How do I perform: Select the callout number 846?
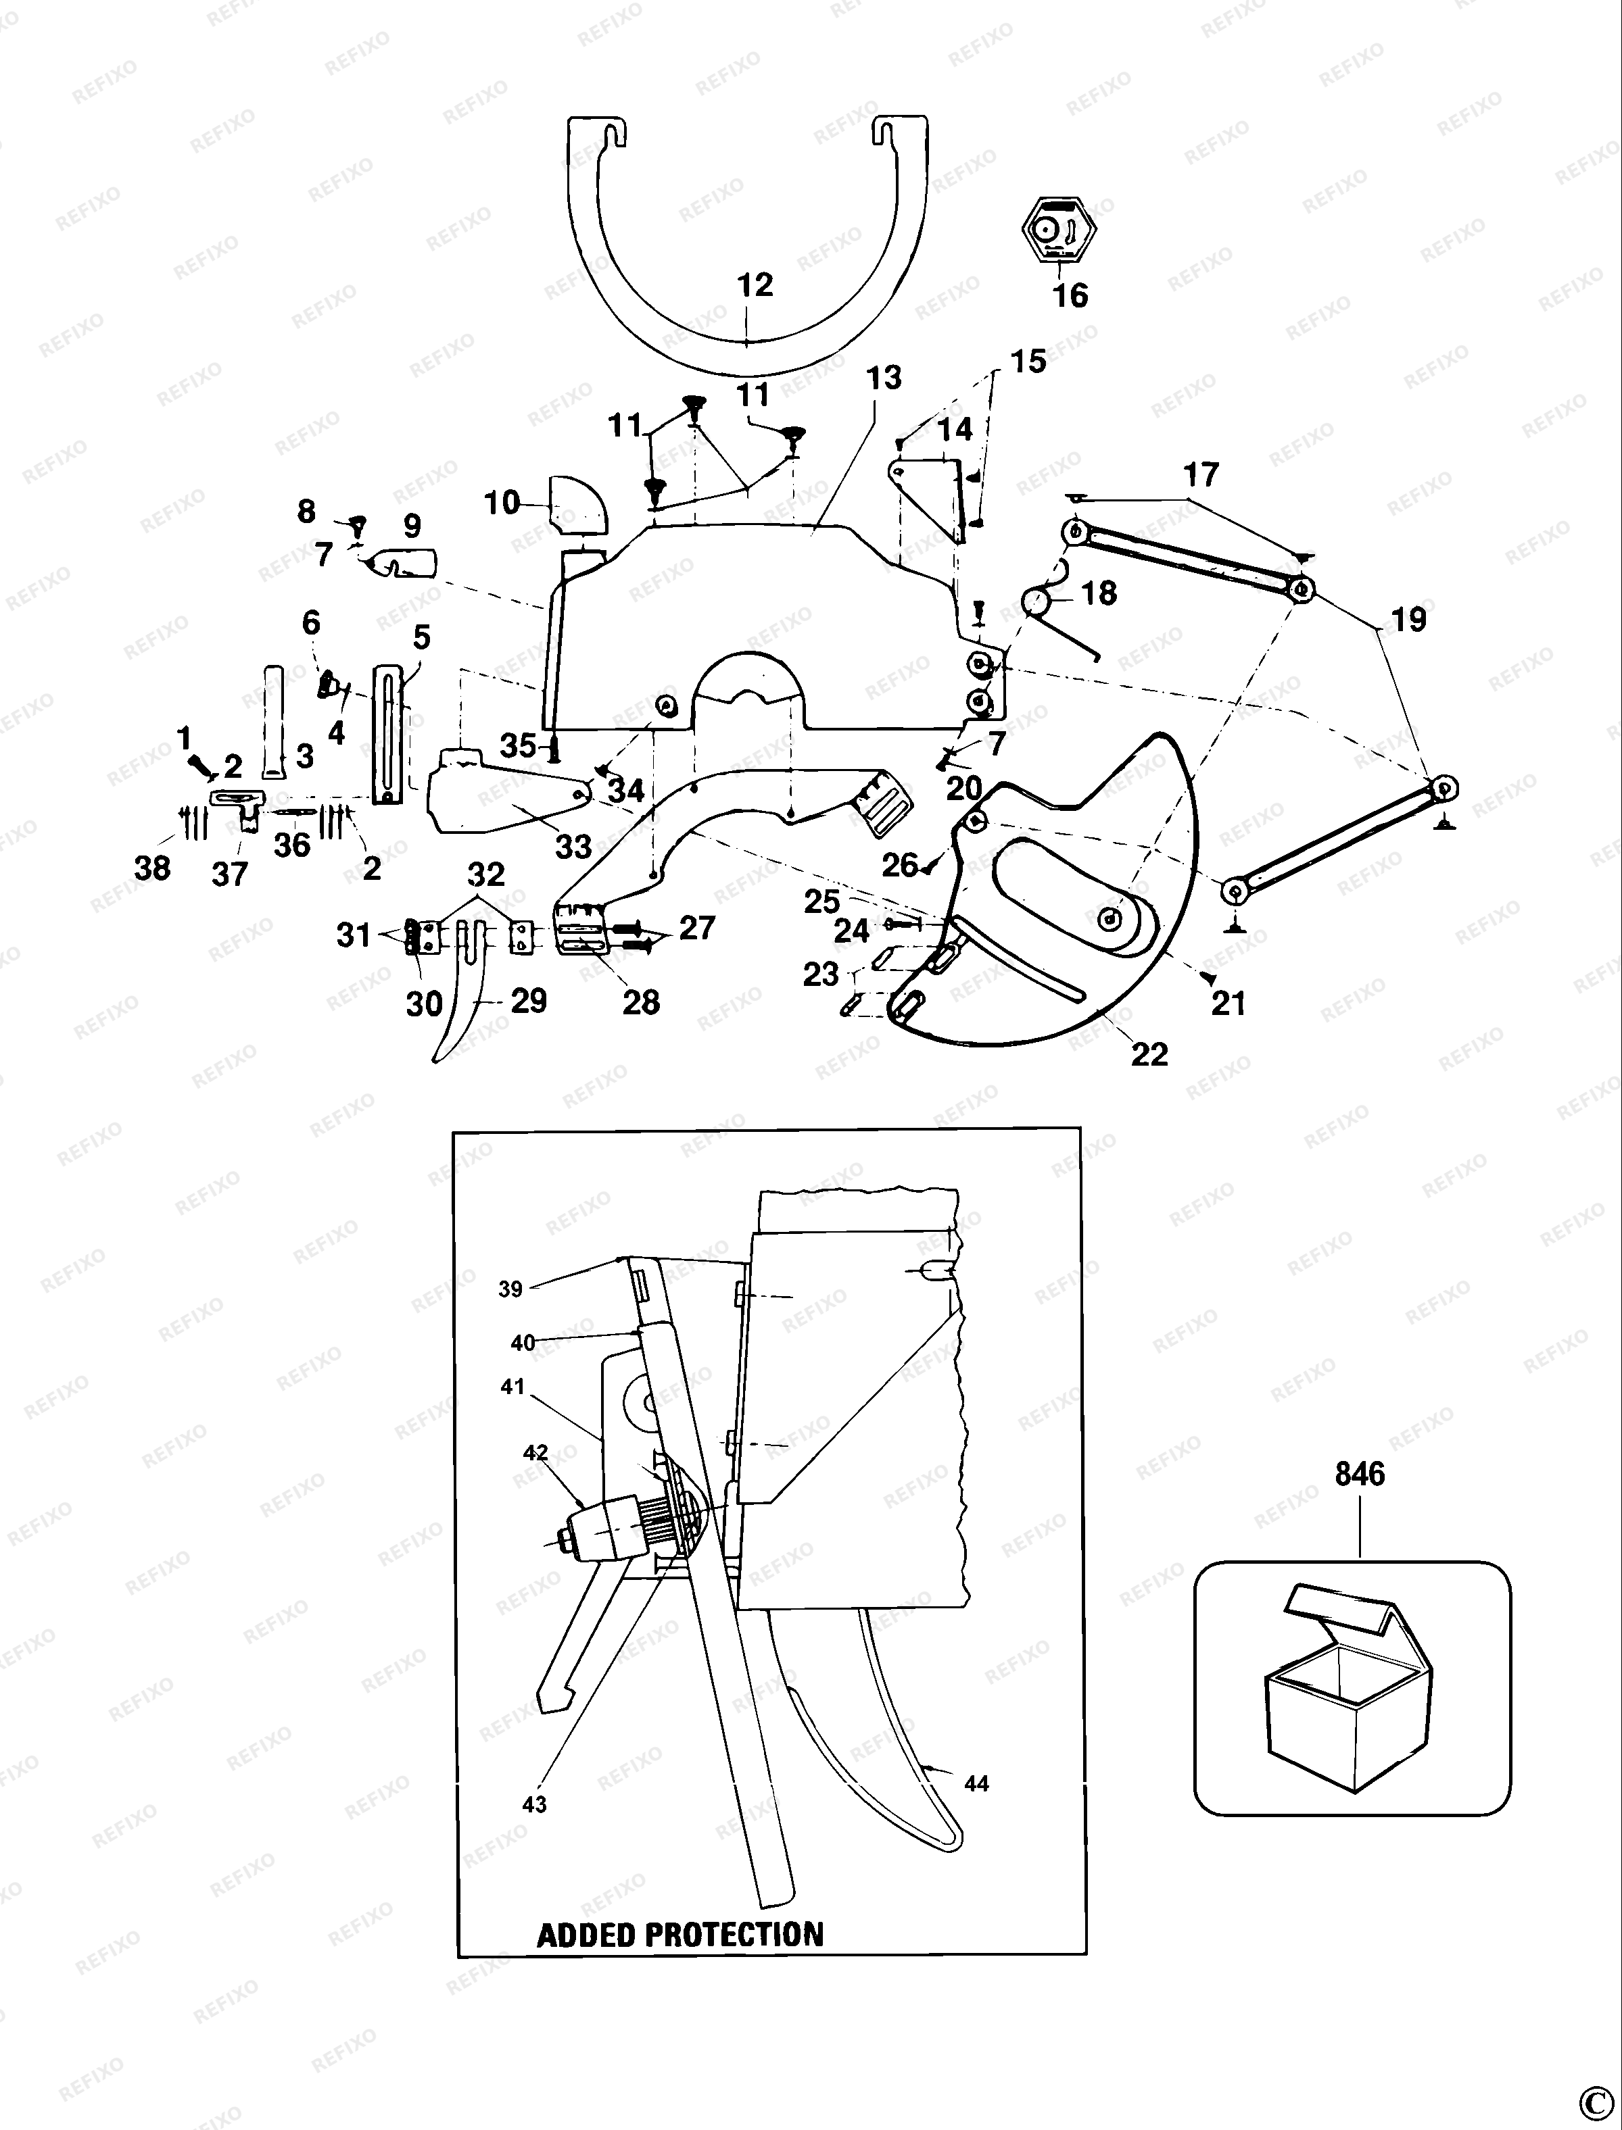tap(1360, 1474)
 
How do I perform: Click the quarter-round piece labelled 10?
tap(578, 504)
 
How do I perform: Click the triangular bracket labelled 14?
tap(929, 499)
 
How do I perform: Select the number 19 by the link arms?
tap(1408, 620)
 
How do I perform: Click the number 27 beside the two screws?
tap(697, 927)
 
